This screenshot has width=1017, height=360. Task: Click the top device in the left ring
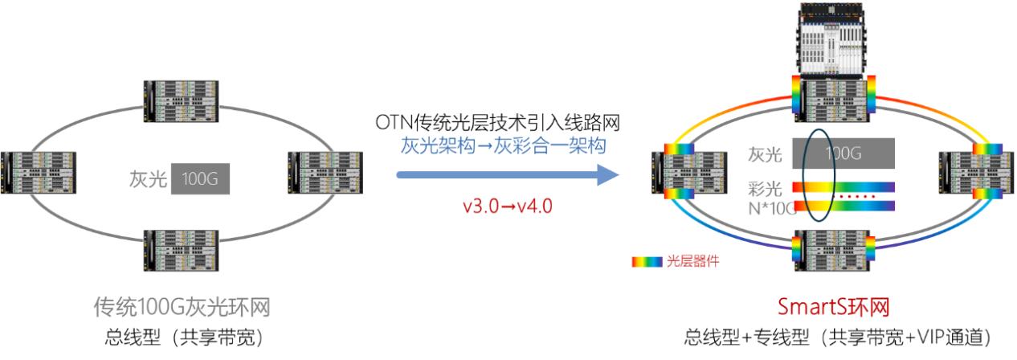tap(182, 99)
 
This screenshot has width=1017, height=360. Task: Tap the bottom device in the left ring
tap(182, 247)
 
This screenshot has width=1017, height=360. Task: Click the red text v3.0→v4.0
tap(507, 207)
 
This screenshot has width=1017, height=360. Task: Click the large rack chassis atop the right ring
tap(835, 40)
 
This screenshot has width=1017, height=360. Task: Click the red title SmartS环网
tap(837, 307)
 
